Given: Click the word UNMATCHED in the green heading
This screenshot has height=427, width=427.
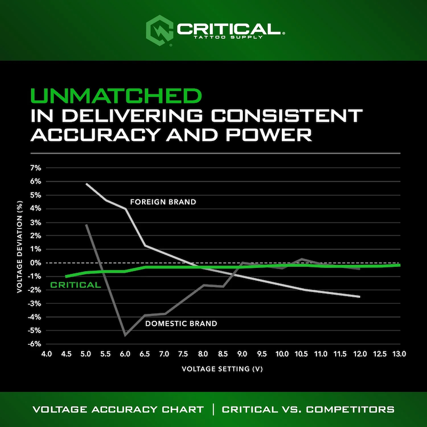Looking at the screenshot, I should pyautogui.click(x=117, y=96).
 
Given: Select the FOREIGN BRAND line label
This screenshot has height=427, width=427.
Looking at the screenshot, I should pyautogui.click(x=163, y=202).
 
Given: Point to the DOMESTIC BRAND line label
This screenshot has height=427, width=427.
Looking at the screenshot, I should pyautogui.click(x=181, y=323).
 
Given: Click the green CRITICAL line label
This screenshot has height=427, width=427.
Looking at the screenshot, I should pyautogui.click(x=75, y=285).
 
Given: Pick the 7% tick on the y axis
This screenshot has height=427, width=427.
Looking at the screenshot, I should pyautogui.click(x=35, y=168).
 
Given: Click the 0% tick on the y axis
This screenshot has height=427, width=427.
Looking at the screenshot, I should pyautogui.click(x=35, y=263).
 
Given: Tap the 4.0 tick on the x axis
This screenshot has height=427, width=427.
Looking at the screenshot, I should pyautogui.click(x=46, y=354).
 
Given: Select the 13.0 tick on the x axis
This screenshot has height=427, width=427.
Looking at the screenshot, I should pyautogui.click(x=400, y=354).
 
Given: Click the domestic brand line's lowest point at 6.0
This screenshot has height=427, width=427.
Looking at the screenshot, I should pyautogui.click(x=125, y=335).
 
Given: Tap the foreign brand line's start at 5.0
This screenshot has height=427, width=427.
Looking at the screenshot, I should pyautogui.click(x=86, y=184).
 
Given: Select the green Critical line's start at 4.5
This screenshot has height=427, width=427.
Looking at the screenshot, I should pyautogui.click(x=66, y=276).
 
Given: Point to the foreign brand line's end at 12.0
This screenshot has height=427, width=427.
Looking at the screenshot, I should pyautogui.click(x=360, y=297).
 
